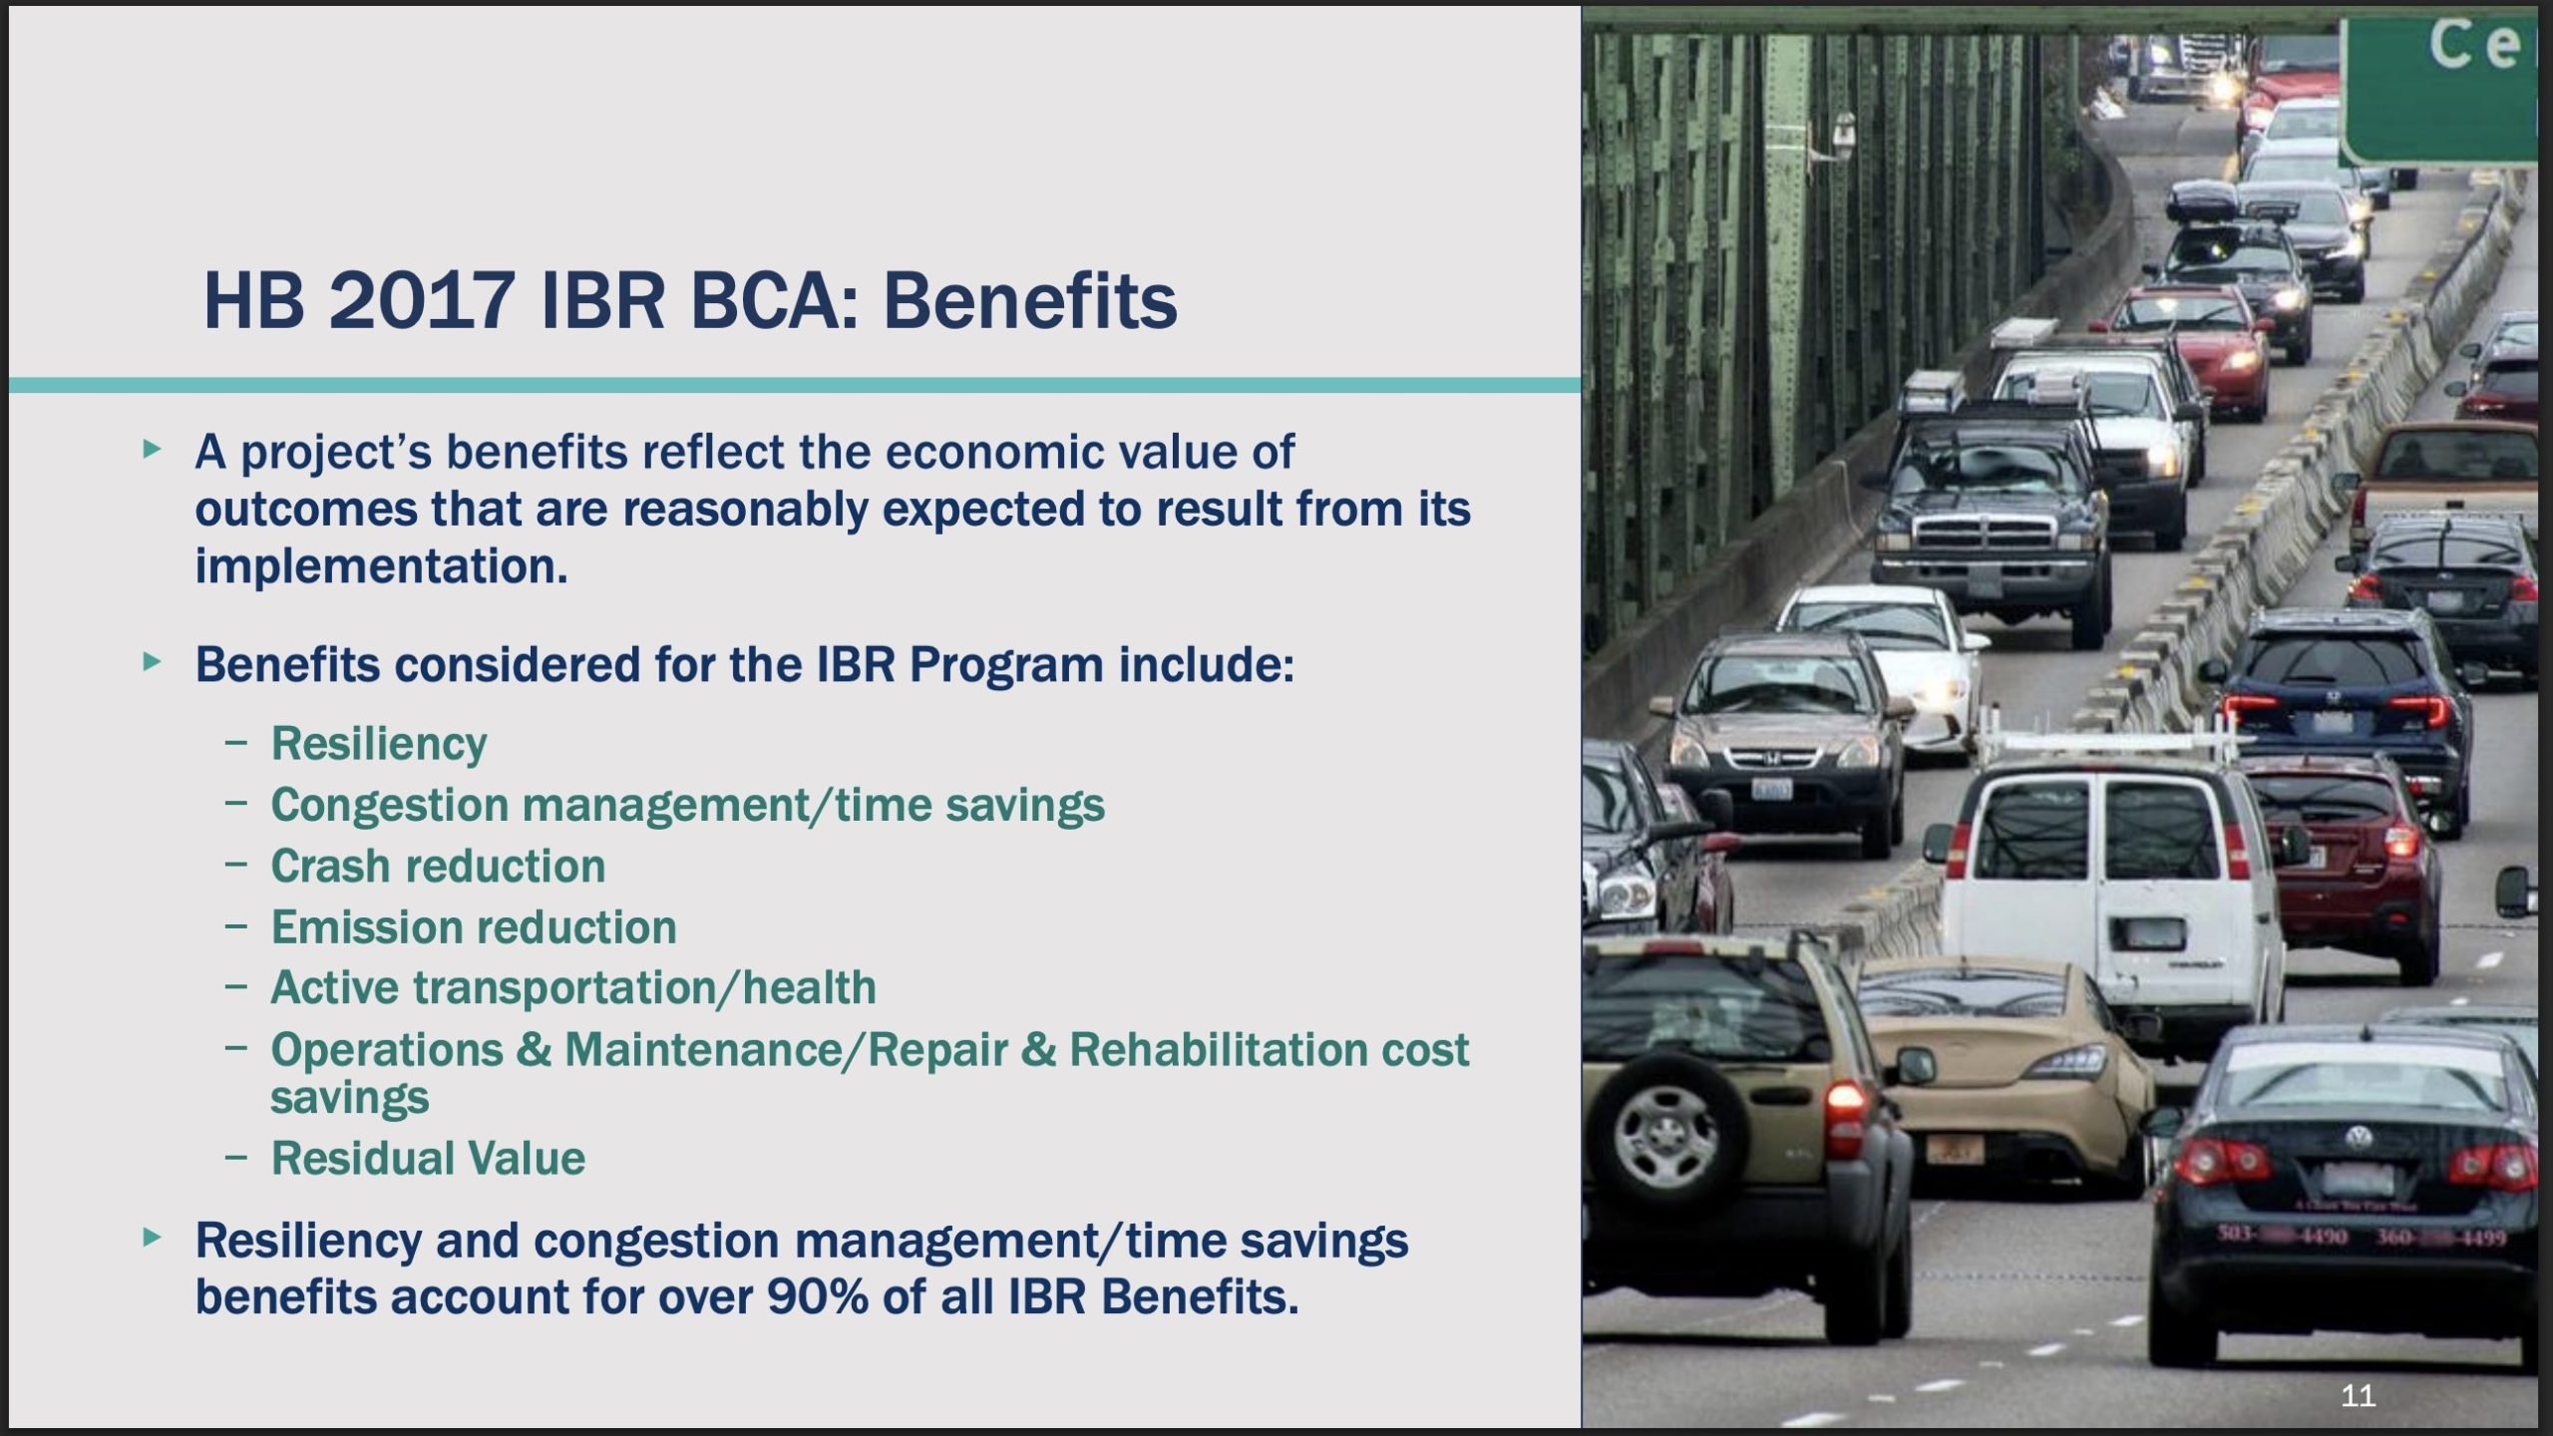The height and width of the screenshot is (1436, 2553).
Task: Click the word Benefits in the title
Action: point(1029,300)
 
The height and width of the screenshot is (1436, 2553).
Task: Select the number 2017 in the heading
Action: point(422,300)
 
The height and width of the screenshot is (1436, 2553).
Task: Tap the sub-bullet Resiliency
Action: point(379,744)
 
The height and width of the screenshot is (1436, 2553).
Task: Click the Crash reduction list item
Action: point(438,866)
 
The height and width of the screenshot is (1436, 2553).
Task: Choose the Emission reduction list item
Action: point(474,927)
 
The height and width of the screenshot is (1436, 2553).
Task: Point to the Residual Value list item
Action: point(428,1159)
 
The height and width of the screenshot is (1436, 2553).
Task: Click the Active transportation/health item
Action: point(573,988)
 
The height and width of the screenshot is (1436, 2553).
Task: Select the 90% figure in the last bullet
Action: point(818,1297)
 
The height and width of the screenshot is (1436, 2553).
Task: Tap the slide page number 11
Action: point(2358,1395)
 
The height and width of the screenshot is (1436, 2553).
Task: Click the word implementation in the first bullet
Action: point(381,566)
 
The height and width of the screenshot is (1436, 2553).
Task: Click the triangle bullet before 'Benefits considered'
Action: point(152,661)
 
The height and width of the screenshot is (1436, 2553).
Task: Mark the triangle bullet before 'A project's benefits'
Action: point(152,449)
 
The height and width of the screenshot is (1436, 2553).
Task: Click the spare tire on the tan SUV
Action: point(1666,1132)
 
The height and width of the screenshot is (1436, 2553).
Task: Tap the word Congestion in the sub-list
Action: point(389,806)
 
